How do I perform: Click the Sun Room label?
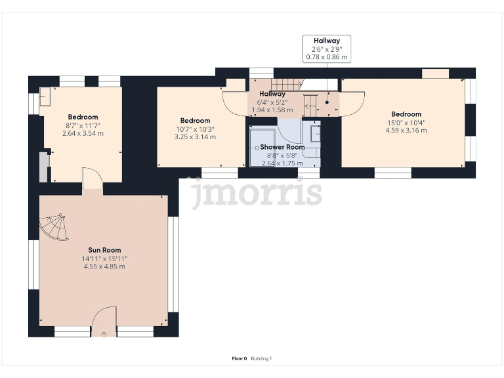tap(105, 250)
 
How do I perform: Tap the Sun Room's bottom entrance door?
tap(103, 323)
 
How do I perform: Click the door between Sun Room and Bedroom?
tap(93, 179)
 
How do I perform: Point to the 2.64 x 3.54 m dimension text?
tap(83, 133)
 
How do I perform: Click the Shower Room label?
tap(282, 148)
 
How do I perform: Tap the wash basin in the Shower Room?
tap(315, 133)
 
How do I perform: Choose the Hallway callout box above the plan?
tap(326, 49)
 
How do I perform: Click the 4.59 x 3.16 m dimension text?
tap(406, 130)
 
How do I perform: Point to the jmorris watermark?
tap(256, 192)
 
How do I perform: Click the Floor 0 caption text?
tap(239, 358)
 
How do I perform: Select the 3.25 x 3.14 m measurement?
tap(195, 136)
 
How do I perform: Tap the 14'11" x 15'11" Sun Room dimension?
tap(105, 259)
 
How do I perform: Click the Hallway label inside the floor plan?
tap(272, 94)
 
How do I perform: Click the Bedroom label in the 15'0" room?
tap(406, 114)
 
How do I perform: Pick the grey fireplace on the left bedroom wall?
tap(43, 167)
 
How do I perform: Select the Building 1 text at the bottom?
tap(261, 358)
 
